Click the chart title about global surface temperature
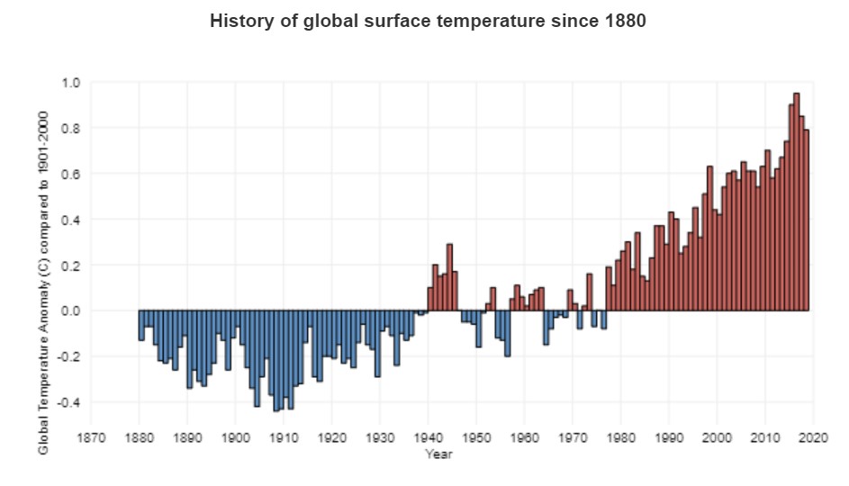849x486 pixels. coord(428,21)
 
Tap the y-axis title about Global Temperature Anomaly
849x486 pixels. coord(43,283)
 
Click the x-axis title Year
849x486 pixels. coord(438,454)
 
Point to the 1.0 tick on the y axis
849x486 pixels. coord(70,83)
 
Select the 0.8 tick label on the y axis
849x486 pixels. coord(70,129)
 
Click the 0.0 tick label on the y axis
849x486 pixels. coord(70,310)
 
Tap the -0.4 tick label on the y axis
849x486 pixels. coord(68,402)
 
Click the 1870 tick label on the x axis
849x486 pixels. coord(91,437)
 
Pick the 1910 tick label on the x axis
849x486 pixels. coord(284,437)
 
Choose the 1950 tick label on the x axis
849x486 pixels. coord(476,437)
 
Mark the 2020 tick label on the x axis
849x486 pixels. coord(814,437)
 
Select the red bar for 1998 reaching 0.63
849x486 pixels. coord(709,238)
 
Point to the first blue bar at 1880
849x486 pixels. coord(141,325)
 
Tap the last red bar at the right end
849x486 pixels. coord(806,220)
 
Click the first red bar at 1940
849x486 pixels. coord(430,299)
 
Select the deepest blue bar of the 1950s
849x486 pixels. coord(508,333)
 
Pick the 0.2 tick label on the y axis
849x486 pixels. coord(70,265)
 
